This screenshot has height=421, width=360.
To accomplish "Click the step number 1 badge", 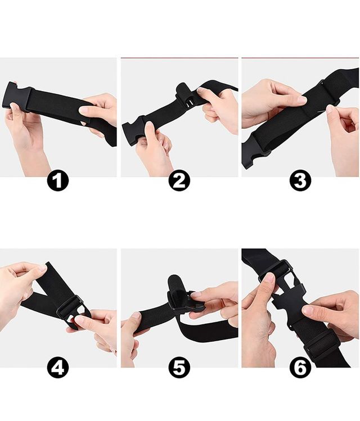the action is pyautogui.click(x=58, y=180).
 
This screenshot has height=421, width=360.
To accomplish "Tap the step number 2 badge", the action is pyautogui.click(x=179, y=180).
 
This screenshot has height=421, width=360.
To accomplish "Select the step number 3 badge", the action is pyautogui.click(x=300, y=180).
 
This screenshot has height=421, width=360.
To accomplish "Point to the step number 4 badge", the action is pyautogui.click(x=58, y=368).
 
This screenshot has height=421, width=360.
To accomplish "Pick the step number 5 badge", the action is pyautogui.click(x=179, y=368).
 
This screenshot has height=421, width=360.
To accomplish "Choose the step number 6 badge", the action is pyautogui.click(x=300, y=368).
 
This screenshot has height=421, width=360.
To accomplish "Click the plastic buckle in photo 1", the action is pyautogui.click(x=17, y=97).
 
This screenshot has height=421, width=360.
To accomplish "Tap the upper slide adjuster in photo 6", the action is pyautogui.click(x=274, y=271).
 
